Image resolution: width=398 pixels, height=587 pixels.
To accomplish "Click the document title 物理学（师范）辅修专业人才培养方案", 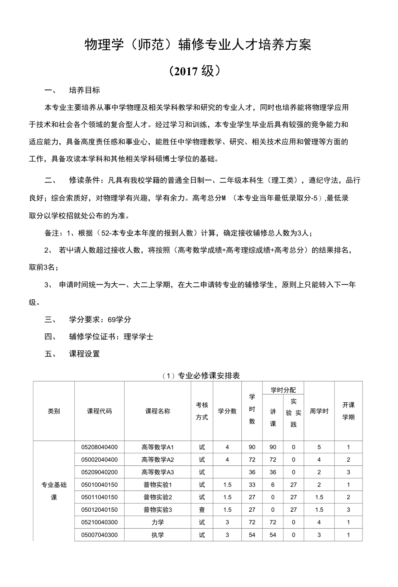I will [x=198, y=45].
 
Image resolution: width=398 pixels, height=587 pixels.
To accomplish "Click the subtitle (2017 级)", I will [x=198, y=71].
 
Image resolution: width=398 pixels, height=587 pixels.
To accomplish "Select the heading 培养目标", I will [x=85, y=90].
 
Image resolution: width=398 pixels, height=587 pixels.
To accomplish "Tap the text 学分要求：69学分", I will [x=100, y=320].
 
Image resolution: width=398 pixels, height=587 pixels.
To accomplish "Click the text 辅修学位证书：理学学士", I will [x=111, y=337].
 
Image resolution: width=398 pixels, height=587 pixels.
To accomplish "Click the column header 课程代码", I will [x=99, y=411].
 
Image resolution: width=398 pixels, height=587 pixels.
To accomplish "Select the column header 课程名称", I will [x=157, y=411].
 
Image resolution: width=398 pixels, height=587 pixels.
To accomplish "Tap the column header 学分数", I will [x=227, y=411].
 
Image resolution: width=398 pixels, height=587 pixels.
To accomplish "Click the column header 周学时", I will [x=319, y=411].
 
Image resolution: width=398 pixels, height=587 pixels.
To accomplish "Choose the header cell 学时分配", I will [x=283, y=390].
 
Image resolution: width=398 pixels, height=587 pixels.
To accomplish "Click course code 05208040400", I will [x=99, y=447].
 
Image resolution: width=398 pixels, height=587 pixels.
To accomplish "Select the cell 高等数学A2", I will [x=157, y=459].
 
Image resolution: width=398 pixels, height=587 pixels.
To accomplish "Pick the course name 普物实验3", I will [x=157, y=510].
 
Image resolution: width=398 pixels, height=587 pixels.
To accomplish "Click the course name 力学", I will [x=157, y=522].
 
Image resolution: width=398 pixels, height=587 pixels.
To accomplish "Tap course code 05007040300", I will [x=99, y=535].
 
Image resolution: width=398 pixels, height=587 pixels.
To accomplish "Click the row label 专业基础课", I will [x=54, y=491].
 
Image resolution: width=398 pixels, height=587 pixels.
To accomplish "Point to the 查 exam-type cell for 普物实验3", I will [x=202, y=510].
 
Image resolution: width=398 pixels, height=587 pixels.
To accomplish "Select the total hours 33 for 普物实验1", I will [x=252, y=484].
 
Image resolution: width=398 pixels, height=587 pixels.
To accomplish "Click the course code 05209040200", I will [x=99, y=472].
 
